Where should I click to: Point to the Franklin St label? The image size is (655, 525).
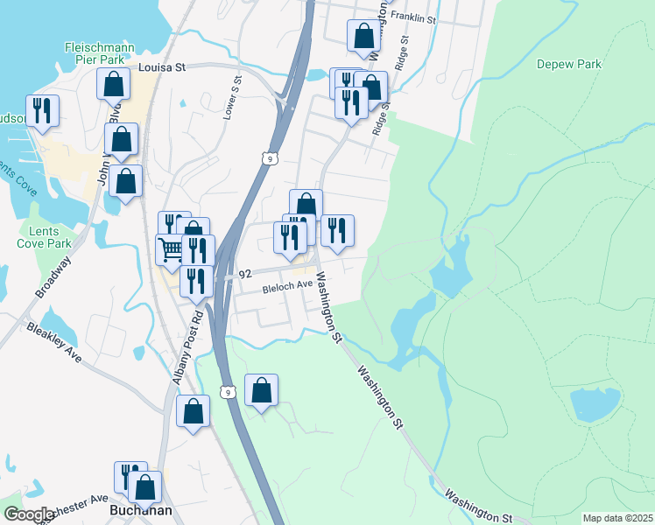414,17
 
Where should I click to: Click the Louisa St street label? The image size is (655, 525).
162,66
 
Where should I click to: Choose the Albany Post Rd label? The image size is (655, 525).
187,347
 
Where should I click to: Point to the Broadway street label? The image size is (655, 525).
55,275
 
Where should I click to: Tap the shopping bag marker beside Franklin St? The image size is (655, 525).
363,36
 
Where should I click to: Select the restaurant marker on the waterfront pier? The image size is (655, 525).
42,110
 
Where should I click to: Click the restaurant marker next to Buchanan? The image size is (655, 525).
131,477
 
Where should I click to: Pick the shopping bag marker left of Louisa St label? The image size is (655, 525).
114,83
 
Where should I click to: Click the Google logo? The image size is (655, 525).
28,514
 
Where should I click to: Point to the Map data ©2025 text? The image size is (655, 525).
617,518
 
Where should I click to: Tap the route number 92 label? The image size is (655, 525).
243,273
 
